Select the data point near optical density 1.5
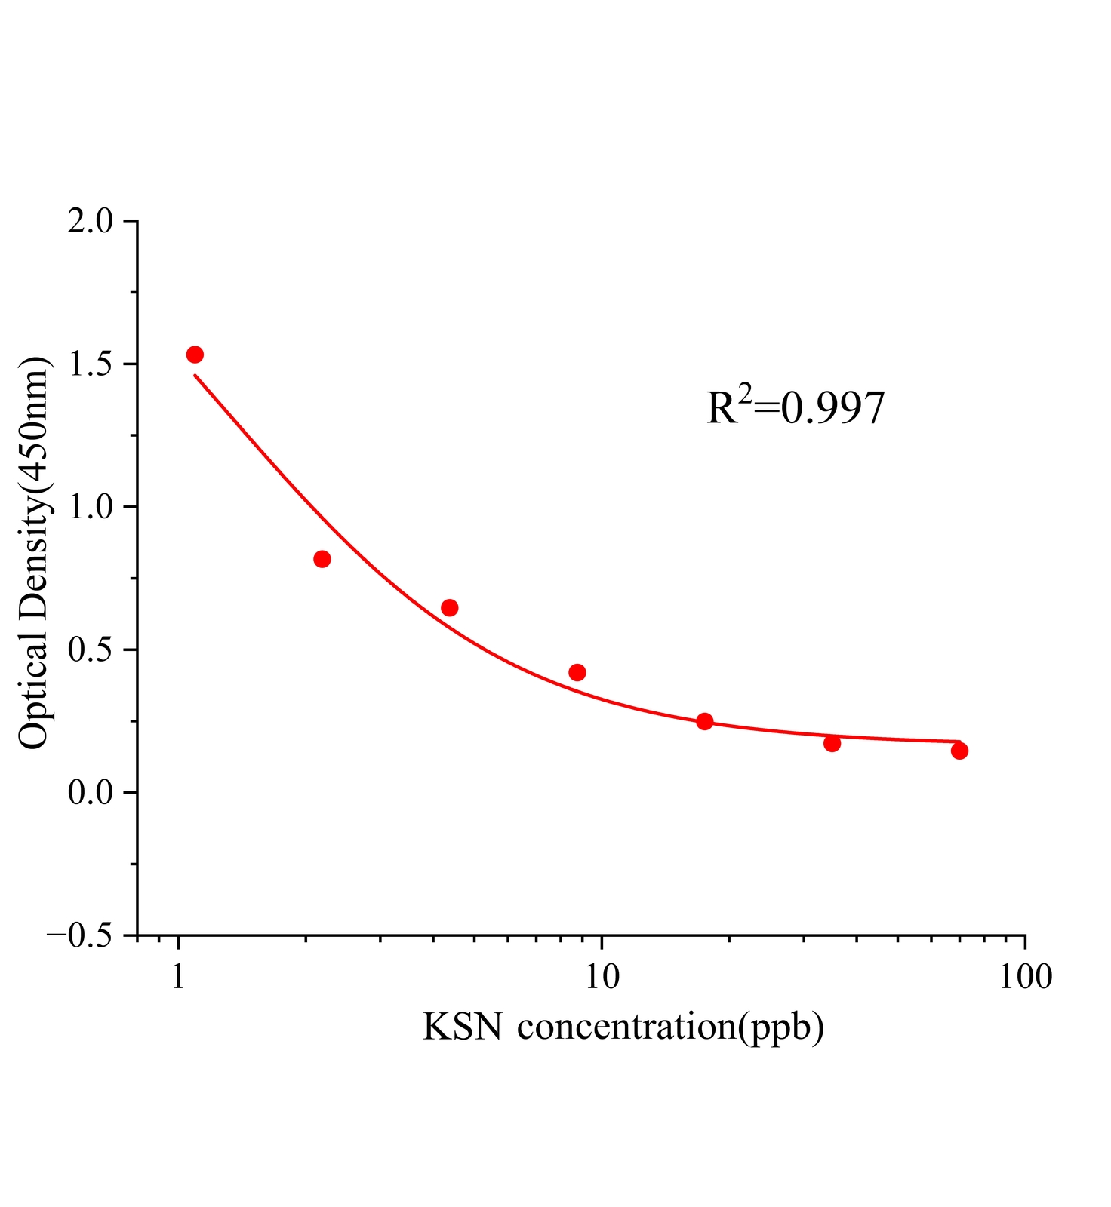[x=195, y=355]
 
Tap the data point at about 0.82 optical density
[x=322, y=559]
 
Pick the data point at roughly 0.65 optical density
[x=450, y=607]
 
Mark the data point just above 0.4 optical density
[x=577, y=672]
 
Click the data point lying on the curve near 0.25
[x=705, y=721]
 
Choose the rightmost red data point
[x=959, y=751]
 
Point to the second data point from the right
[x=832, y=743]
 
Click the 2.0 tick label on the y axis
[x=90, y=222]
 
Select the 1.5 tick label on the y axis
[x=90, y=364]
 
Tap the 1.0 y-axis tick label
[x=90, y=507]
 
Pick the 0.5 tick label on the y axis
[x=90, y=650]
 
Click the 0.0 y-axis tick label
[x=90, y=793]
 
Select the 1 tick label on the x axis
[x=178, y=977]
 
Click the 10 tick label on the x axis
[x=602, y=977]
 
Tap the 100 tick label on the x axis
[x=1025, y=977]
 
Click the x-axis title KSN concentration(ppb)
[x=623, y=1027]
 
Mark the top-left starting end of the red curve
[x=195, y=375]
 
